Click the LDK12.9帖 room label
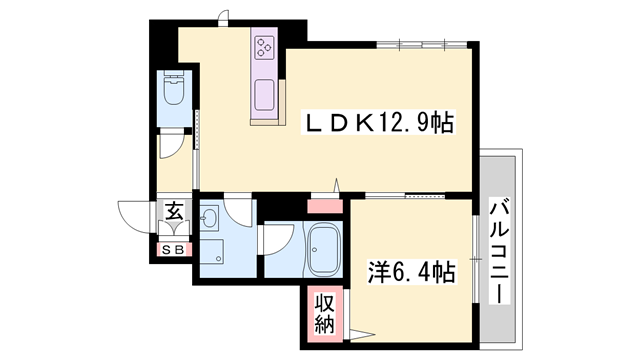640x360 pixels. click(380, 123)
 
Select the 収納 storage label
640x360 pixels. click(325, 312)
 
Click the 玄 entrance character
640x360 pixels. click(174, 212)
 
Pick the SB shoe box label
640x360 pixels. click(172, 250)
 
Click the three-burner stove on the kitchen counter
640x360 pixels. click(266, 47)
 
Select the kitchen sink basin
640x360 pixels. click(266, 97)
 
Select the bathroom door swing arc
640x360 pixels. click(275, 240)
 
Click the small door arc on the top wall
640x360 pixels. click(224, 16)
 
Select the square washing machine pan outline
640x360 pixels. click(212, 247)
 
